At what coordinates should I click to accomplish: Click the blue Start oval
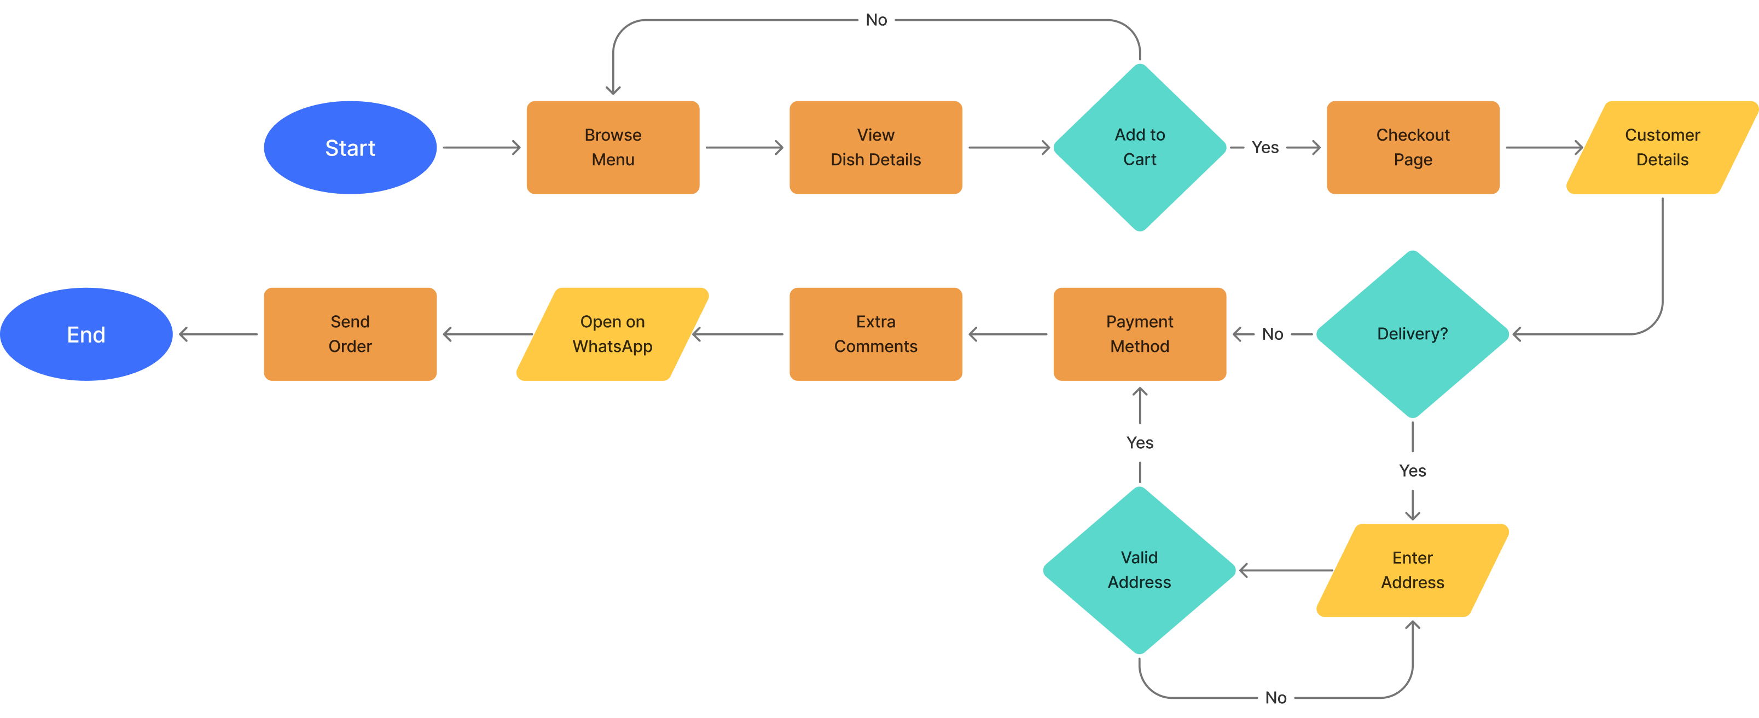(x=350, y=148)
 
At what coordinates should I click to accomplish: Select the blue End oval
(x=86, y=334)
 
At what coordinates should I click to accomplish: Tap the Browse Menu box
(x=613, y=148)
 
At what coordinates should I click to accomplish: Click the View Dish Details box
(x=875, y=148)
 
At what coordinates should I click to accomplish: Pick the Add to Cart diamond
(x=1140, y=148)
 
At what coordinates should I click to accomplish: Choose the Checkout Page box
(x=1413, y=148)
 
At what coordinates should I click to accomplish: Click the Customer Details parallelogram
(x=1662, y=148)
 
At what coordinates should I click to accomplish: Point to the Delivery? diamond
(x=1412, y=334)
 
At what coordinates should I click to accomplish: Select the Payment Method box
(x=1139, y=334)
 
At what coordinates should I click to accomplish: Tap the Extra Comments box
(x=875, y=334)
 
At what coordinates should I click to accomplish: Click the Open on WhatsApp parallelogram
(x=613, y=334)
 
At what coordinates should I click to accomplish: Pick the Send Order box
(x=350, y=334)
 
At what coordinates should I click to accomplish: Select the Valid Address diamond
(x=1139, y=570)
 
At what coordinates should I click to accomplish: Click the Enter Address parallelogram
(x=1412, y=570)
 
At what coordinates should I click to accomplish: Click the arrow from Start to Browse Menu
(x=481, y=148)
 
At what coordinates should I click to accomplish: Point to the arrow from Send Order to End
(x=218, y=334)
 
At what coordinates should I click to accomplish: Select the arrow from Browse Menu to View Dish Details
(x=744, y=148)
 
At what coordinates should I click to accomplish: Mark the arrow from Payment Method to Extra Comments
(x=1007, y=334)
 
